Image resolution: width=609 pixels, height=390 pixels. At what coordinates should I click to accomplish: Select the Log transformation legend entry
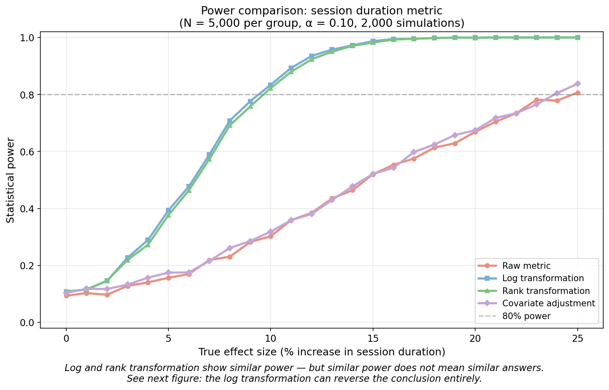click(x=543, y=278)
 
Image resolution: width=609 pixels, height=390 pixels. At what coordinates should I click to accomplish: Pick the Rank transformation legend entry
click(x=546, y=291)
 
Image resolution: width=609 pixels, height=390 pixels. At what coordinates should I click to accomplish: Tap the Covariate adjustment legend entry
click(x=548, y=303)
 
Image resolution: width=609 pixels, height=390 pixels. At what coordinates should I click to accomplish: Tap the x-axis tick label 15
click(x=373, y=338)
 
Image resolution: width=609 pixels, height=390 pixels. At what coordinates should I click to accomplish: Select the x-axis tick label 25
click(x=577, y=338)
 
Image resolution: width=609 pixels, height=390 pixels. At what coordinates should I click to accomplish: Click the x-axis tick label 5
click(x=168, y=338)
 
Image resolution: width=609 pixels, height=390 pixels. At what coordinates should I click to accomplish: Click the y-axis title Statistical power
click(x=11, y=180)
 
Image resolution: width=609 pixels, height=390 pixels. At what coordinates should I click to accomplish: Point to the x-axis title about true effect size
click(x=321, y=352)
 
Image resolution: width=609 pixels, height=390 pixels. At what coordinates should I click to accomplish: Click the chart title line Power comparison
click(x=321, y=11)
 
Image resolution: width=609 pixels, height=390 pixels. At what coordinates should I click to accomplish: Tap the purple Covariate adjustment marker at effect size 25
click(x=578, y=84)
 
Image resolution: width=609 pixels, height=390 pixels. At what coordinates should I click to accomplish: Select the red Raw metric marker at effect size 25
click(x=578, y=93)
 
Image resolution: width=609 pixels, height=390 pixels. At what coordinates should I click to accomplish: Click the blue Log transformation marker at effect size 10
click(x=271, y=85)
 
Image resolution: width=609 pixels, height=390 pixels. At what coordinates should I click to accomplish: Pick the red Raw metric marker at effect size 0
click(x=66, y=296)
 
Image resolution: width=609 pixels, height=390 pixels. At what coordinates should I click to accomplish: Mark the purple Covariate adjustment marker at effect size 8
click(x=230, y=248)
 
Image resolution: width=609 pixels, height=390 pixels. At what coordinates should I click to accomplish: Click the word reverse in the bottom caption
click(x=372, y=378)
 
